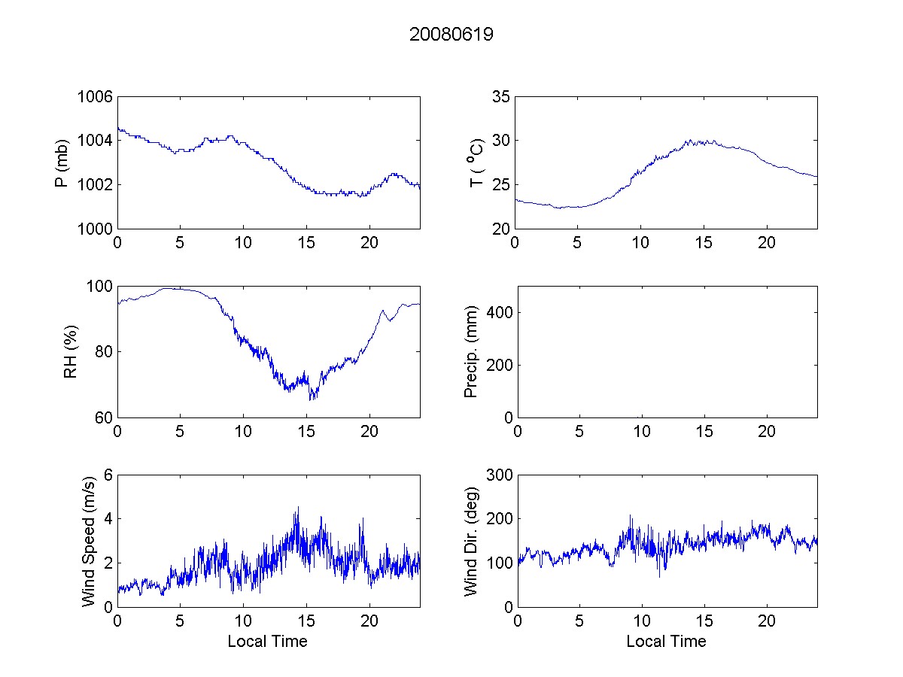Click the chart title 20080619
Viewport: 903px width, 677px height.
click(x=451, y=35)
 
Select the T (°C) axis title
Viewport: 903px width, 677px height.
click(x=476, y=162)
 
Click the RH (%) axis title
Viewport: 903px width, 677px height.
click(x=71, y=351)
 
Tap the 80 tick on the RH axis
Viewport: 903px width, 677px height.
click(x=102, y=351)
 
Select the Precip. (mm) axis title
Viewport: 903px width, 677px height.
click(x=471, y=351)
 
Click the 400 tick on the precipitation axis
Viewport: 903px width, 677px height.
click(x=496, y=312)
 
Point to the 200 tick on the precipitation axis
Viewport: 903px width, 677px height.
click(x=496, y=365)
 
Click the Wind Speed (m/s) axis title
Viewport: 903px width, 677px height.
click(x=89, y=540)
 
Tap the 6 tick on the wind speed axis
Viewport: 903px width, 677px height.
click(x=108, y=475)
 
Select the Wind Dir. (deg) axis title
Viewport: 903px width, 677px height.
click(x=471, y=540)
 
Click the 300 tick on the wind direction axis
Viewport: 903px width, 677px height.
click(x=496, y=475)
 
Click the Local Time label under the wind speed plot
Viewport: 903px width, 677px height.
click(x=267, y=642)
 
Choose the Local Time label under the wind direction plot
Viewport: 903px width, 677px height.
click(x=666, y=642)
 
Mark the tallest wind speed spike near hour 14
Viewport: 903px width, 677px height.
click(x=298, y=508)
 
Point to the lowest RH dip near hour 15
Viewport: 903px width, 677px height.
click(x=310, y=399)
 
